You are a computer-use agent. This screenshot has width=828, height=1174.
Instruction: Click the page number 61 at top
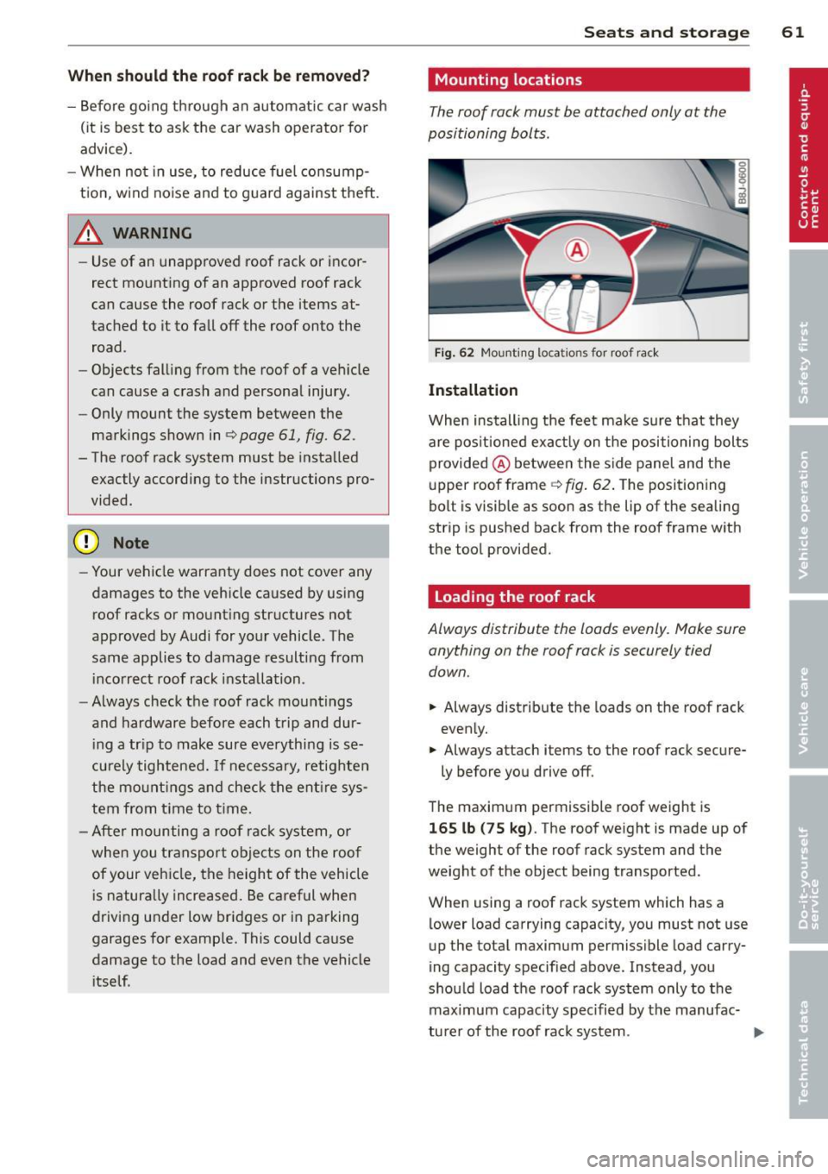793,32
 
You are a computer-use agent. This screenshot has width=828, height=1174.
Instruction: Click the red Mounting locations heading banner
588,80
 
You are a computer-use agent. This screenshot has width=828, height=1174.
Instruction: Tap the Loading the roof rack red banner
588,597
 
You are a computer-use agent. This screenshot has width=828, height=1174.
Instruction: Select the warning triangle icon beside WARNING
89,233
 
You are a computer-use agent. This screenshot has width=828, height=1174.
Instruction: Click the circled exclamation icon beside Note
87,543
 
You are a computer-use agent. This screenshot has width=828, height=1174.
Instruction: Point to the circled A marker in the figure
576,251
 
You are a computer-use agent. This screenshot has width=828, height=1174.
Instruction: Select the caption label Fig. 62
454,353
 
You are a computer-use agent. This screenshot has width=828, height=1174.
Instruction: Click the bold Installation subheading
473,390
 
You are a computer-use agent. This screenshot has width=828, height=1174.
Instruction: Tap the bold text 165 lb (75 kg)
481,828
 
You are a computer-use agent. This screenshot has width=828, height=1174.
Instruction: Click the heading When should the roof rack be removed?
218,76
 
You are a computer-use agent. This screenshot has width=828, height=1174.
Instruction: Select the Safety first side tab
806,362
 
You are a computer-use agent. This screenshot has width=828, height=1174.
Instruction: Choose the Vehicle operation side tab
806,513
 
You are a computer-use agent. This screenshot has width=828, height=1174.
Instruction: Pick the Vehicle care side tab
806,709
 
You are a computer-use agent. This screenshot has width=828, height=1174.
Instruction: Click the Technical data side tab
806,1051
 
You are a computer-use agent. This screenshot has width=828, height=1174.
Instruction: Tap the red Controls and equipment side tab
806,155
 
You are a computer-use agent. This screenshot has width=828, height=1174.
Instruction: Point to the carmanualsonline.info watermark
699,1158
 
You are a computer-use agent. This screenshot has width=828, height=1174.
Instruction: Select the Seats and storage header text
666,32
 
